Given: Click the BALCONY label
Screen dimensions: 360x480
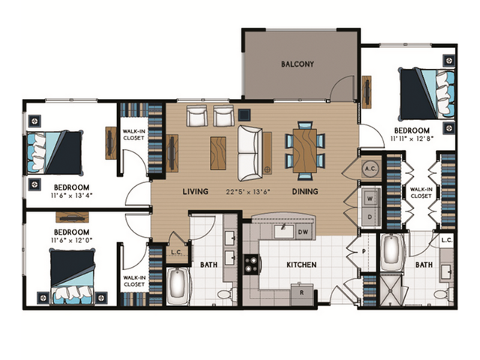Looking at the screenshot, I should click(x=298, y=64).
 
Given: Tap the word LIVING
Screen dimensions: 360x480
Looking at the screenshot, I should click(x=195, y=191).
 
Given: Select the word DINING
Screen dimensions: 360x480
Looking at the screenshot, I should click(x=305, y=191).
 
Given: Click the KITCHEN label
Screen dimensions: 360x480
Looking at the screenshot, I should click(x=301, y=264).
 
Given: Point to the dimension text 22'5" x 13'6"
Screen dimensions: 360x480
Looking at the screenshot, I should click(x=247, y=191).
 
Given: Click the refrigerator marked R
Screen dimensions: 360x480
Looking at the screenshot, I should click(x=302, y=293).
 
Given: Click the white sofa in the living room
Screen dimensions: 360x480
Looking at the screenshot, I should click(x=250, y=153).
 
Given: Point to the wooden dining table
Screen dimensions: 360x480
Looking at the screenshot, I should click(x=304, y=149).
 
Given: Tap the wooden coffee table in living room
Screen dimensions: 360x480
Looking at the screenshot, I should click(x=217, y=152).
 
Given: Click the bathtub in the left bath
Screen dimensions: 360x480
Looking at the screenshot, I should click(x=179, y=287).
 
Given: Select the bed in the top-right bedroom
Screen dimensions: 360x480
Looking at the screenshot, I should click(x=425, y=94).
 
